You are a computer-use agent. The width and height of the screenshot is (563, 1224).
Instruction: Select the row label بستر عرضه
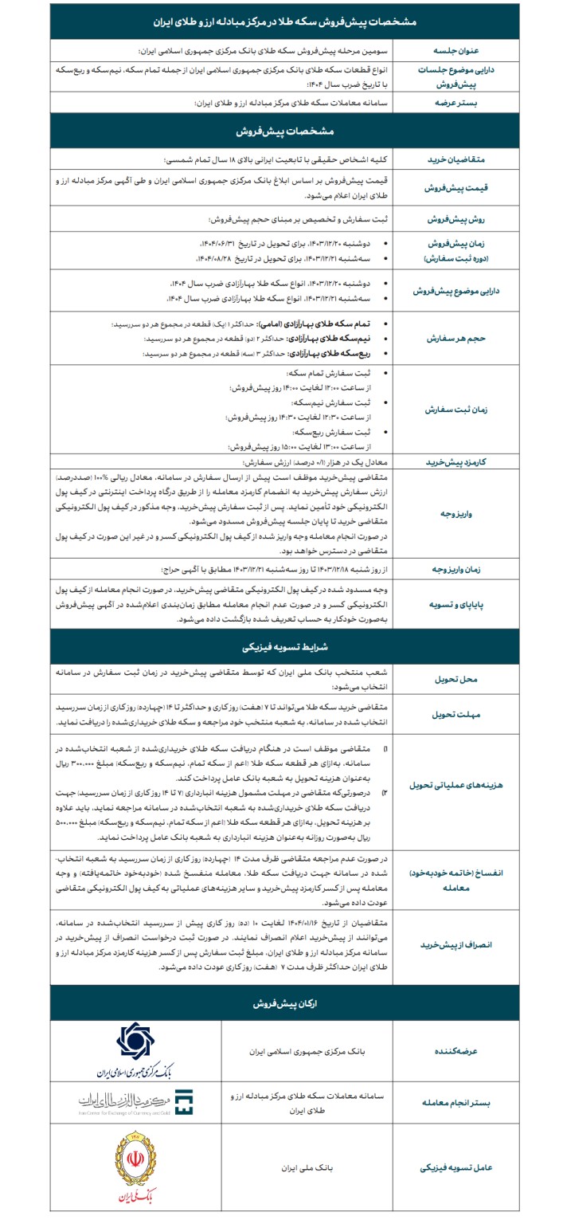pos(473,104)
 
